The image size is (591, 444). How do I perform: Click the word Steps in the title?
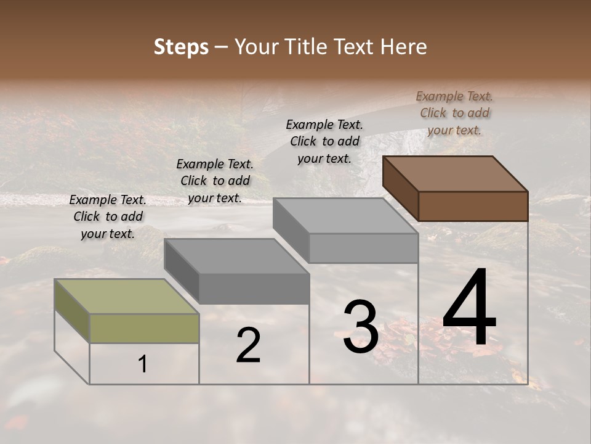tap(181, 47)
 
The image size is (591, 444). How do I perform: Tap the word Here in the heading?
tap(403, 47)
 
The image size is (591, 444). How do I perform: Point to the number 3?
tap(361, 327)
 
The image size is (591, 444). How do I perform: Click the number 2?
tap(248, 345)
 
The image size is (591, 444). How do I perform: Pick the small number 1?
tap(142, 364)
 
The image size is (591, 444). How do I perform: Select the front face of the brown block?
tap(473, 206)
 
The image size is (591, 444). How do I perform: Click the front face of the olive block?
tap(144, 329)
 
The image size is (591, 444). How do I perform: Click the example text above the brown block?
tap(454, 113)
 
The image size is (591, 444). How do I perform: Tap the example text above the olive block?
tap(108, 216)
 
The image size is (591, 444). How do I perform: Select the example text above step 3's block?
tap(324, 141)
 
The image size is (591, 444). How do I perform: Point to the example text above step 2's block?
tap(215, 181)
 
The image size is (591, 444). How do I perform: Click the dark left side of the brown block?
tap(400, 188)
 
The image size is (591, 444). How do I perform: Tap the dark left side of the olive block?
tap(72, 311)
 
